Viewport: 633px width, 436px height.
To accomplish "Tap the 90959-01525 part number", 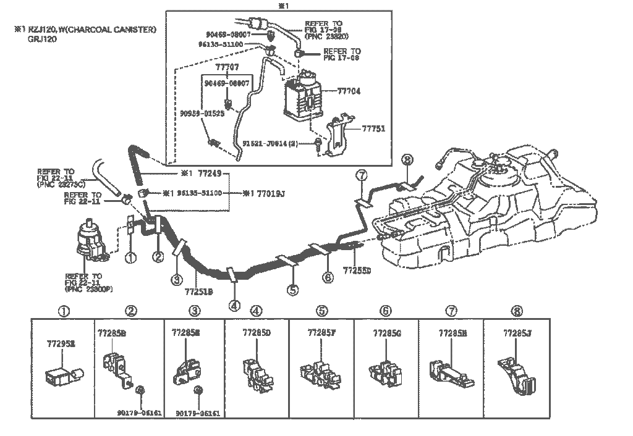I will tap(203, 114).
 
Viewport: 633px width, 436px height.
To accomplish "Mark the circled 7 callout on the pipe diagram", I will tap(362, 177).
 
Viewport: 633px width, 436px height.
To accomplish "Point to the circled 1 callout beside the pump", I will tap(130, 258).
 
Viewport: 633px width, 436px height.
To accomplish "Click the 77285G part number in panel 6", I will tap(387, 334).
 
